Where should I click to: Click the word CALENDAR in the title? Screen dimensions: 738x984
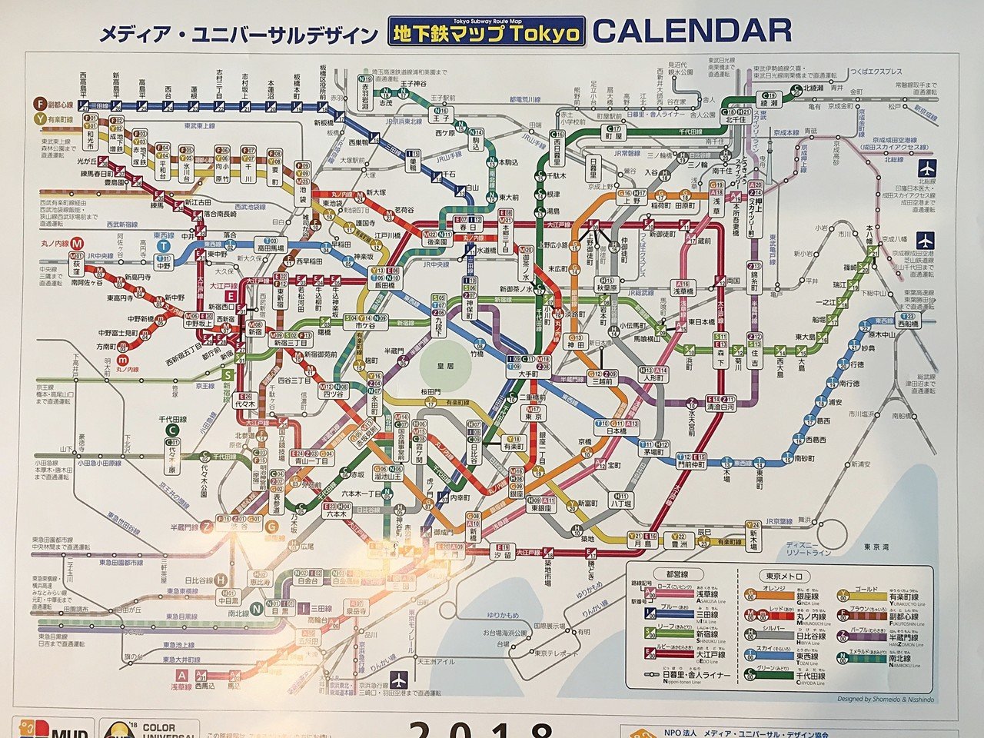[x=692, y=31]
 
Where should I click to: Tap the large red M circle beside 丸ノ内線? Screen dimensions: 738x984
[x=78, y=244]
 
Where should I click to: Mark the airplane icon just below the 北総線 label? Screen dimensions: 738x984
[x=923, y=168]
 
